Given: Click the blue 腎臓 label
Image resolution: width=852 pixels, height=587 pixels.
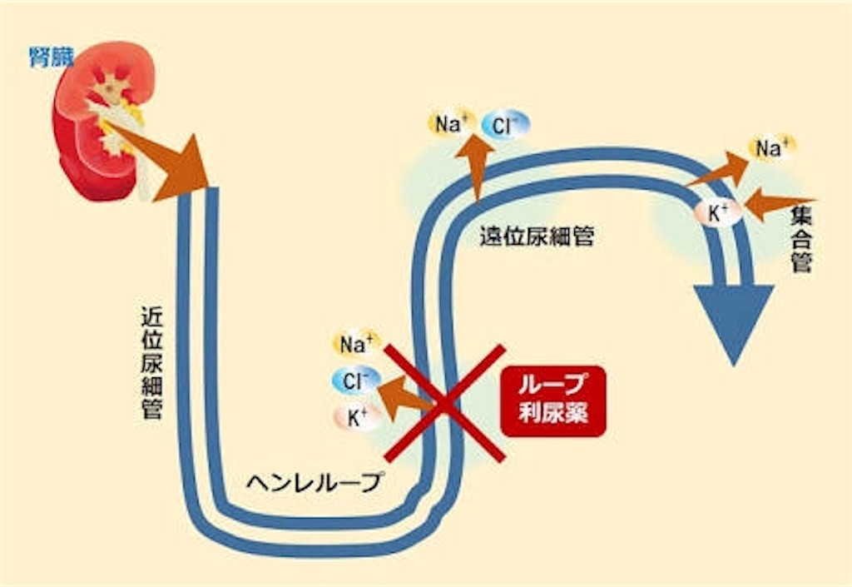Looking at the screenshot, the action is tap(51, 57).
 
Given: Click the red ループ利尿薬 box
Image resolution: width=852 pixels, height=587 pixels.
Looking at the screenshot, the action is tap(553, 400).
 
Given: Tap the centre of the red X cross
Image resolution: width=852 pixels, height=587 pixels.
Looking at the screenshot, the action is tap(444, 404).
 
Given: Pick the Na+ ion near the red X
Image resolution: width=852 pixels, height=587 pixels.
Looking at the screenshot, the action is tap(356, 342).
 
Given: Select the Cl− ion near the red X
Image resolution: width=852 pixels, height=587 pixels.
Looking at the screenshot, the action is tap(356, 381).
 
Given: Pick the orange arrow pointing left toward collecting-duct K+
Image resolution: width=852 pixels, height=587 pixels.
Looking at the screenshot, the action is tap(778, 203).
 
